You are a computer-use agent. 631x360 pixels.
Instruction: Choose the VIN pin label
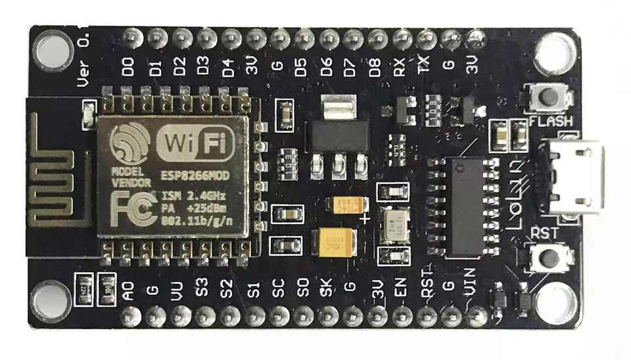[473, 290]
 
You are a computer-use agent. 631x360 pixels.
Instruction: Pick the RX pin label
[399, 68]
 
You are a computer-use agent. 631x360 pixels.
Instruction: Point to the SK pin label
[327, 289]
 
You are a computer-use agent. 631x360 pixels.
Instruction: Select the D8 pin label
[375, 68]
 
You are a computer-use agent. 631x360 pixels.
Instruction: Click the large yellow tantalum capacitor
[337, 242]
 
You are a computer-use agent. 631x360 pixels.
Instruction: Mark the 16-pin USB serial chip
[463, 205]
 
